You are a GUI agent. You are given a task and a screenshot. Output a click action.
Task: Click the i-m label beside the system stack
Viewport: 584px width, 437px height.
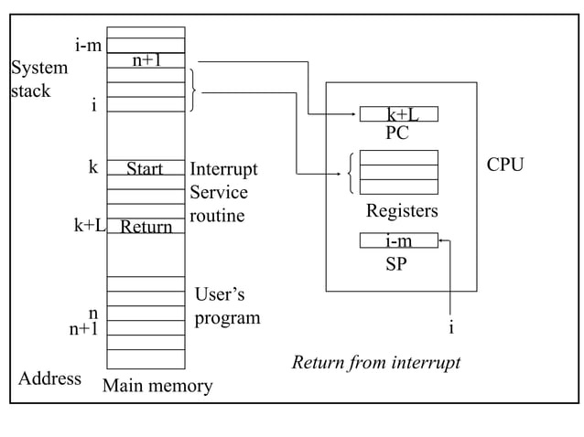click(88, 45)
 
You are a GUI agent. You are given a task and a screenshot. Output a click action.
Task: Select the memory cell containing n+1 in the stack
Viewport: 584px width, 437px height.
click(146, 60)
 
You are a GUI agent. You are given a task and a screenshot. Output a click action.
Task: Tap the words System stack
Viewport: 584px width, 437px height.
click(38, 80)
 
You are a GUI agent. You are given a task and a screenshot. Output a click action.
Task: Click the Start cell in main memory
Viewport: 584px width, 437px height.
click(145, 168)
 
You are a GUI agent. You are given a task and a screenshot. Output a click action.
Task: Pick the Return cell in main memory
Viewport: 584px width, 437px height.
click(146, 227)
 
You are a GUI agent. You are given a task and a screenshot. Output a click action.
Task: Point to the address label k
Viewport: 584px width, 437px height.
click(92, 167)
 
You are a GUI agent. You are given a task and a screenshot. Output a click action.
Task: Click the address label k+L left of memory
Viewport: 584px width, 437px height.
click(89, 225)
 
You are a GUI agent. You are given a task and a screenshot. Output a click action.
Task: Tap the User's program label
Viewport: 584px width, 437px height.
click(227, 306)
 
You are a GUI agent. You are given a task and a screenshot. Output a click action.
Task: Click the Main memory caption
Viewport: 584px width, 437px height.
click(157, 386)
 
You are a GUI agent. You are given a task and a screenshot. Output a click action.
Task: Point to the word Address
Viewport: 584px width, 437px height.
click(49, 378)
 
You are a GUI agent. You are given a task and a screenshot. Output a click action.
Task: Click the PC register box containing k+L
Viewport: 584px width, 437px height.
click(399, 114)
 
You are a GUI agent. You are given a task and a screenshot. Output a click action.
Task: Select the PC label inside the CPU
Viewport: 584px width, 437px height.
click(396, 133)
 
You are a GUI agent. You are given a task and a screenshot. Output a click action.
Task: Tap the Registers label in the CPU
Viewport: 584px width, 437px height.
click(402, 211)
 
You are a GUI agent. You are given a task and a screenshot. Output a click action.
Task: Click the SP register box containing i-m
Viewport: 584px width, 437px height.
click(398, 241)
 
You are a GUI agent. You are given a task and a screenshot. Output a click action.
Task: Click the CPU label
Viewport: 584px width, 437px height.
click(504, 165)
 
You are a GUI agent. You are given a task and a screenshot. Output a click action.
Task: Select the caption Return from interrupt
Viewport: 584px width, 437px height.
click(375, 363)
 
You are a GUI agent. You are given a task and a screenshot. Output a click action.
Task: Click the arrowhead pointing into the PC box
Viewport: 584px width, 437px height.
click(355, 114)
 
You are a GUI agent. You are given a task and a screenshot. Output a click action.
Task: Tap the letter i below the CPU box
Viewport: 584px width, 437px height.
click(450, 328)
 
